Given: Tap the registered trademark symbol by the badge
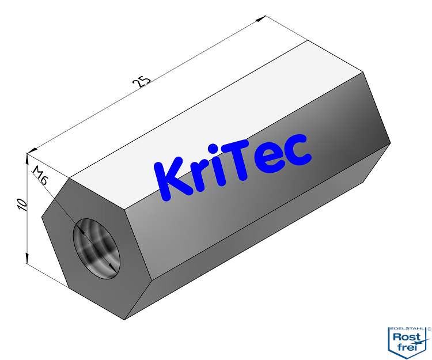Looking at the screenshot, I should click(x=429, y=328).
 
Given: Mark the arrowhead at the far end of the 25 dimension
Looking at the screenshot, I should click(x=261, y=20).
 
